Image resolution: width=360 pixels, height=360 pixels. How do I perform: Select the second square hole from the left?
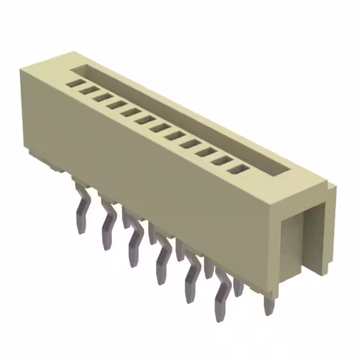pyautogui.click(x=86, y=90)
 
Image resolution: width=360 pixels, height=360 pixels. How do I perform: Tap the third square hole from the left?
pyautogui.click(x=101, y=97)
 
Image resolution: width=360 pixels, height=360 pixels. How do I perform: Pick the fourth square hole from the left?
pyautogui.click(x=116, y=105)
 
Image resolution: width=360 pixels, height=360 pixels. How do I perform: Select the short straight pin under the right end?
pyautogui.click(x=269, y=304)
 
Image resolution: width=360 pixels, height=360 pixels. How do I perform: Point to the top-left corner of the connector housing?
pyautogui.click(x=22, y=70)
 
